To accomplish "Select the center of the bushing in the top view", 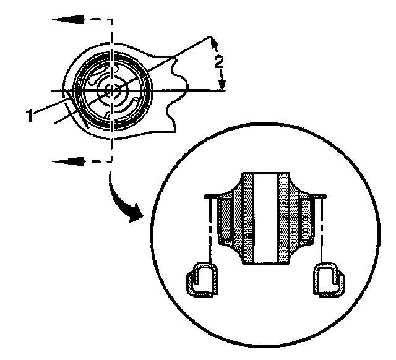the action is [111, 91].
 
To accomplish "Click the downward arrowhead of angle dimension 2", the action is [222, 86].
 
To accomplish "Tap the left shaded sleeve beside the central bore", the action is [248, 216].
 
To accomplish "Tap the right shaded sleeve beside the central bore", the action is [284, 216].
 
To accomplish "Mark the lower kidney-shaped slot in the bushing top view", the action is [124, 110].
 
